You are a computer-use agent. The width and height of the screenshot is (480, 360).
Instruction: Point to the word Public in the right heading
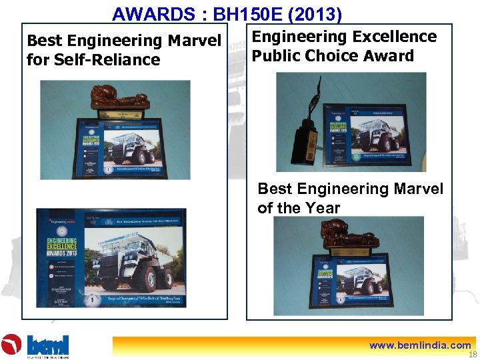[x=277, y=56]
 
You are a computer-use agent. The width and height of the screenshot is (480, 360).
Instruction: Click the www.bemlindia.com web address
[x=421, y=345]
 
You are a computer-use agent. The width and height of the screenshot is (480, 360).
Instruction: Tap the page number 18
[x=473, y=355]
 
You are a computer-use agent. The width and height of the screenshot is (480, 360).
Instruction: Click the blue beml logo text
[x=49, y=345]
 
